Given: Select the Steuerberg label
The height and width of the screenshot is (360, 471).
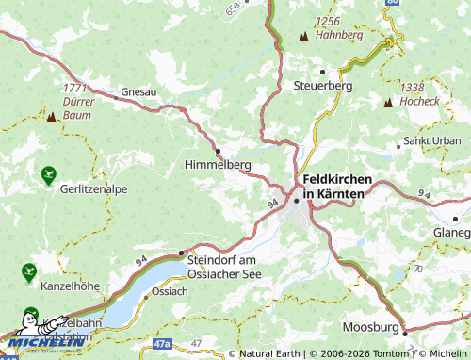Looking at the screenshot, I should coord(323,85).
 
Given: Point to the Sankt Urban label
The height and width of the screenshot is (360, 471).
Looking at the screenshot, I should coord(431,141).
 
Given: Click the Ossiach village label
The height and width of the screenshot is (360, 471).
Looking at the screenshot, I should coord(170,291).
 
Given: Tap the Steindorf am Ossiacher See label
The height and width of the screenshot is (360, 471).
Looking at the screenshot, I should coord(223,266).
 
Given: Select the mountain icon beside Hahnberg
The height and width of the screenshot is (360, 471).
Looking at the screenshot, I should coord(303,37).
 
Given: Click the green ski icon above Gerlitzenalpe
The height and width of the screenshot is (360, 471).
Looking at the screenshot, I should coord(48,173).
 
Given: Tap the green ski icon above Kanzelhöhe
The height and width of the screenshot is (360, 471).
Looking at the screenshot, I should coord(27,272).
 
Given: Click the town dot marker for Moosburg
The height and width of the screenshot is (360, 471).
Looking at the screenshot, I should coord(404,332).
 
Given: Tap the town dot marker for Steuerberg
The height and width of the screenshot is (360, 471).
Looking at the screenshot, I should coord(322,71).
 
